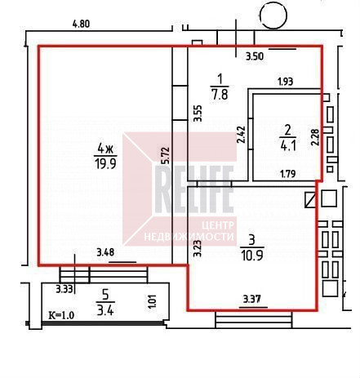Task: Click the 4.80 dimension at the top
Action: [81, 24]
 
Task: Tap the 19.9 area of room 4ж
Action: [105, 164]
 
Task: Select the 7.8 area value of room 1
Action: [220, 94]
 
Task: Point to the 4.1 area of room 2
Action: [288, 146]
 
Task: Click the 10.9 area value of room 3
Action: [252, 256]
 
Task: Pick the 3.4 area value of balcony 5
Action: [105, 309]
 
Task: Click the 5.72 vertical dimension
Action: [166, 155]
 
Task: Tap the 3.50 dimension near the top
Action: [255, 56]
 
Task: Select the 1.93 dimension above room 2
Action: [285, 82]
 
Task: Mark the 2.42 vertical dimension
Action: [241, 135]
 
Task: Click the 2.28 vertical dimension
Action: [316, 137]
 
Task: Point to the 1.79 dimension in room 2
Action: [288, 173]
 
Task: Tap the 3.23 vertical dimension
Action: [198, 248]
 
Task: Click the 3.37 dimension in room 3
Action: [251, 300]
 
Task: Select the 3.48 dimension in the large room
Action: [105, 253]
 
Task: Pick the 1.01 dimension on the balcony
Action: [153, 301]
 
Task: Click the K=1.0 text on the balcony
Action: [61, 315]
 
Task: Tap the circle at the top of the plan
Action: [273, 16]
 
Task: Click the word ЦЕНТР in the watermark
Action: [218, 225]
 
